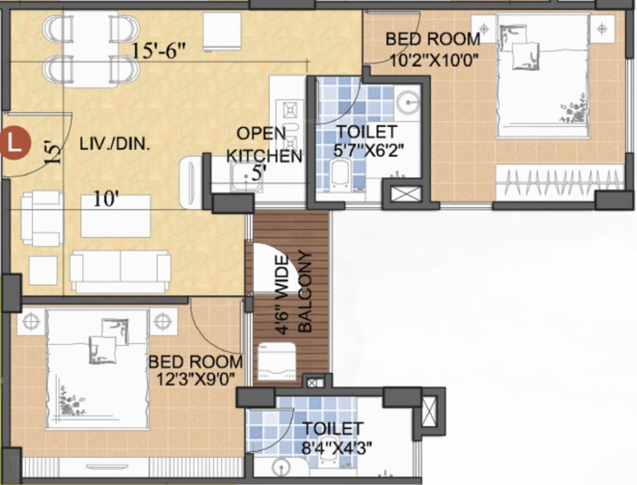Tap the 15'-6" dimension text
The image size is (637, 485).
click(x=158, y=50)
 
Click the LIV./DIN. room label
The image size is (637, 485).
click(x=115, y=145)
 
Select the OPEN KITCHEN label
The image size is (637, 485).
click(x=264, y=144)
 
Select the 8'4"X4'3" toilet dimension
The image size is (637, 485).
click(x=332, y=448)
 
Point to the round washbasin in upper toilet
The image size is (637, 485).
click(x=408, y=102)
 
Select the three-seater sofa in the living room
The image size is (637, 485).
click(x=120, y=272)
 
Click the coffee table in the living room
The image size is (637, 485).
click(x=116, y=216)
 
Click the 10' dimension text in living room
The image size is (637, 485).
click(x=106, y=200)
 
